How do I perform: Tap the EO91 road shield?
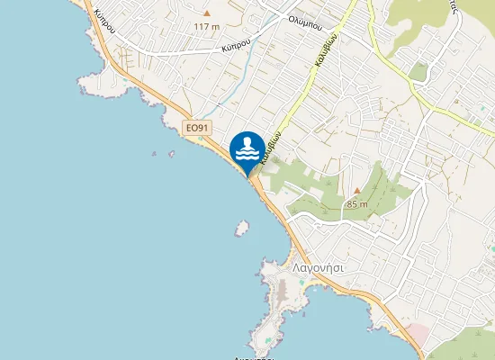tap(197, 129)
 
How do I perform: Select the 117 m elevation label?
tap(206, 26)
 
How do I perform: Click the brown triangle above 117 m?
tap(206, 13)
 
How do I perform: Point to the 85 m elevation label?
tap(356, 203)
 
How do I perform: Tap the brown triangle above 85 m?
tap(356, 191)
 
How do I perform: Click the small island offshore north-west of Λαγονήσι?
tap(240, 229)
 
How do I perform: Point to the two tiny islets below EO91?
tap(170, 153)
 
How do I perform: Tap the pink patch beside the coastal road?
tap(418, 335)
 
